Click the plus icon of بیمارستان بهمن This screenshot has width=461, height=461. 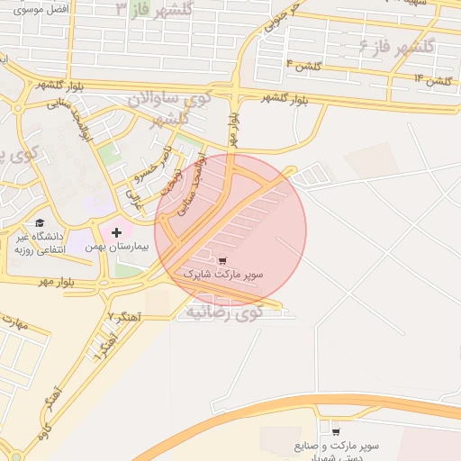pos(116,232)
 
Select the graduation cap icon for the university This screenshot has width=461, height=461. pos(39,222)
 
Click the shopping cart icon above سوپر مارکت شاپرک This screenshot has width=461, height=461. pos(222,259)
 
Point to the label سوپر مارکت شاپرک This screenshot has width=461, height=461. pos(221,272)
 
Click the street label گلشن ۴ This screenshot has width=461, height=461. pos(303,64)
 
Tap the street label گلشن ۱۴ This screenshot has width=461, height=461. pos(431,80)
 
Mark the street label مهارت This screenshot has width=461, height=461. pos(16,322)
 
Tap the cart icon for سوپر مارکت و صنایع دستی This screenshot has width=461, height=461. pos(336,432)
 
